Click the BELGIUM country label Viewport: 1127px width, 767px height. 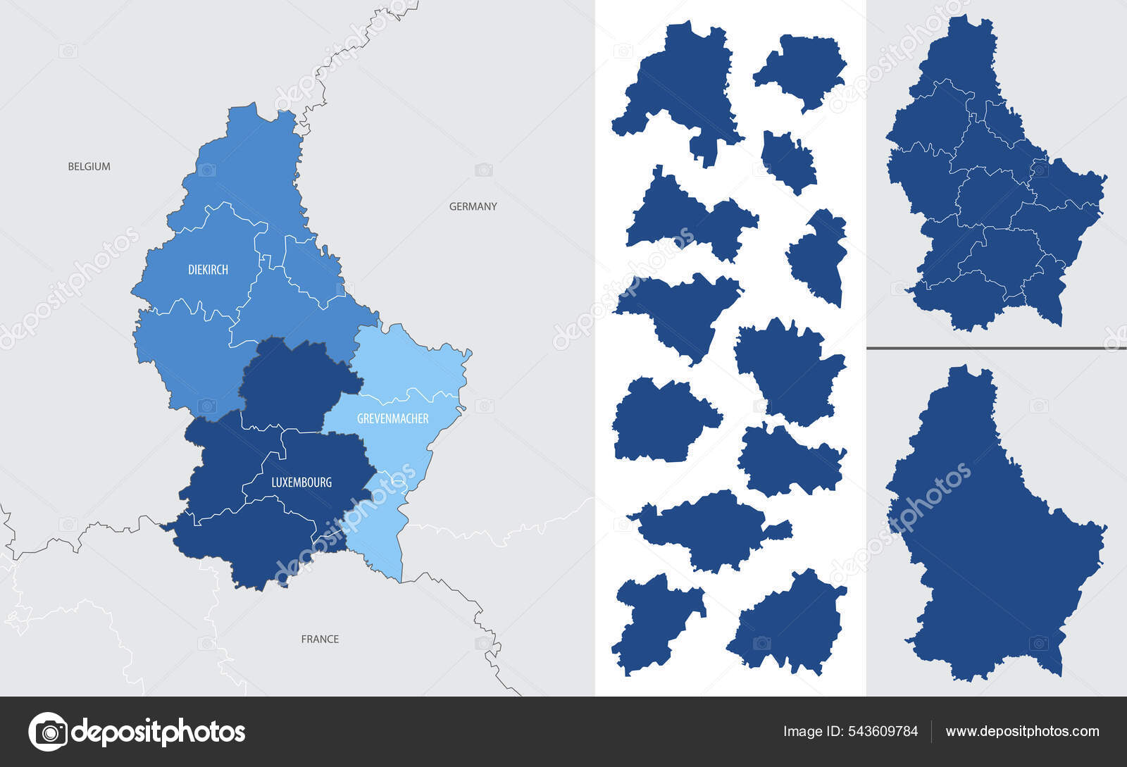pos(89,167)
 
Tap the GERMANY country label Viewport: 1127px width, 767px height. pos(473,206)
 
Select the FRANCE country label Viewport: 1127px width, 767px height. pos(320,639)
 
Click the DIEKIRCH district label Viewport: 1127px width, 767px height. pos(208,270)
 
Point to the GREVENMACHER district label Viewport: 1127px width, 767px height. pos(392,418)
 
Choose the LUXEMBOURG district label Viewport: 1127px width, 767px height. pos(301,482)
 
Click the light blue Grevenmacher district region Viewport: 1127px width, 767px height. pos(409,366)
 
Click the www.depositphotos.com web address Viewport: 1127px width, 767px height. pos(1022,731)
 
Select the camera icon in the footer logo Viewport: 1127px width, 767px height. pos(48,732)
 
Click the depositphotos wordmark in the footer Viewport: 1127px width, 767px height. pos(158,732)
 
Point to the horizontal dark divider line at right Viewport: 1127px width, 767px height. pos(996,348)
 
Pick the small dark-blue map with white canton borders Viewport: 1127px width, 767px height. pos(993,176)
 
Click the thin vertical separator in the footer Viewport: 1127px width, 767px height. pos(931,731)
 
